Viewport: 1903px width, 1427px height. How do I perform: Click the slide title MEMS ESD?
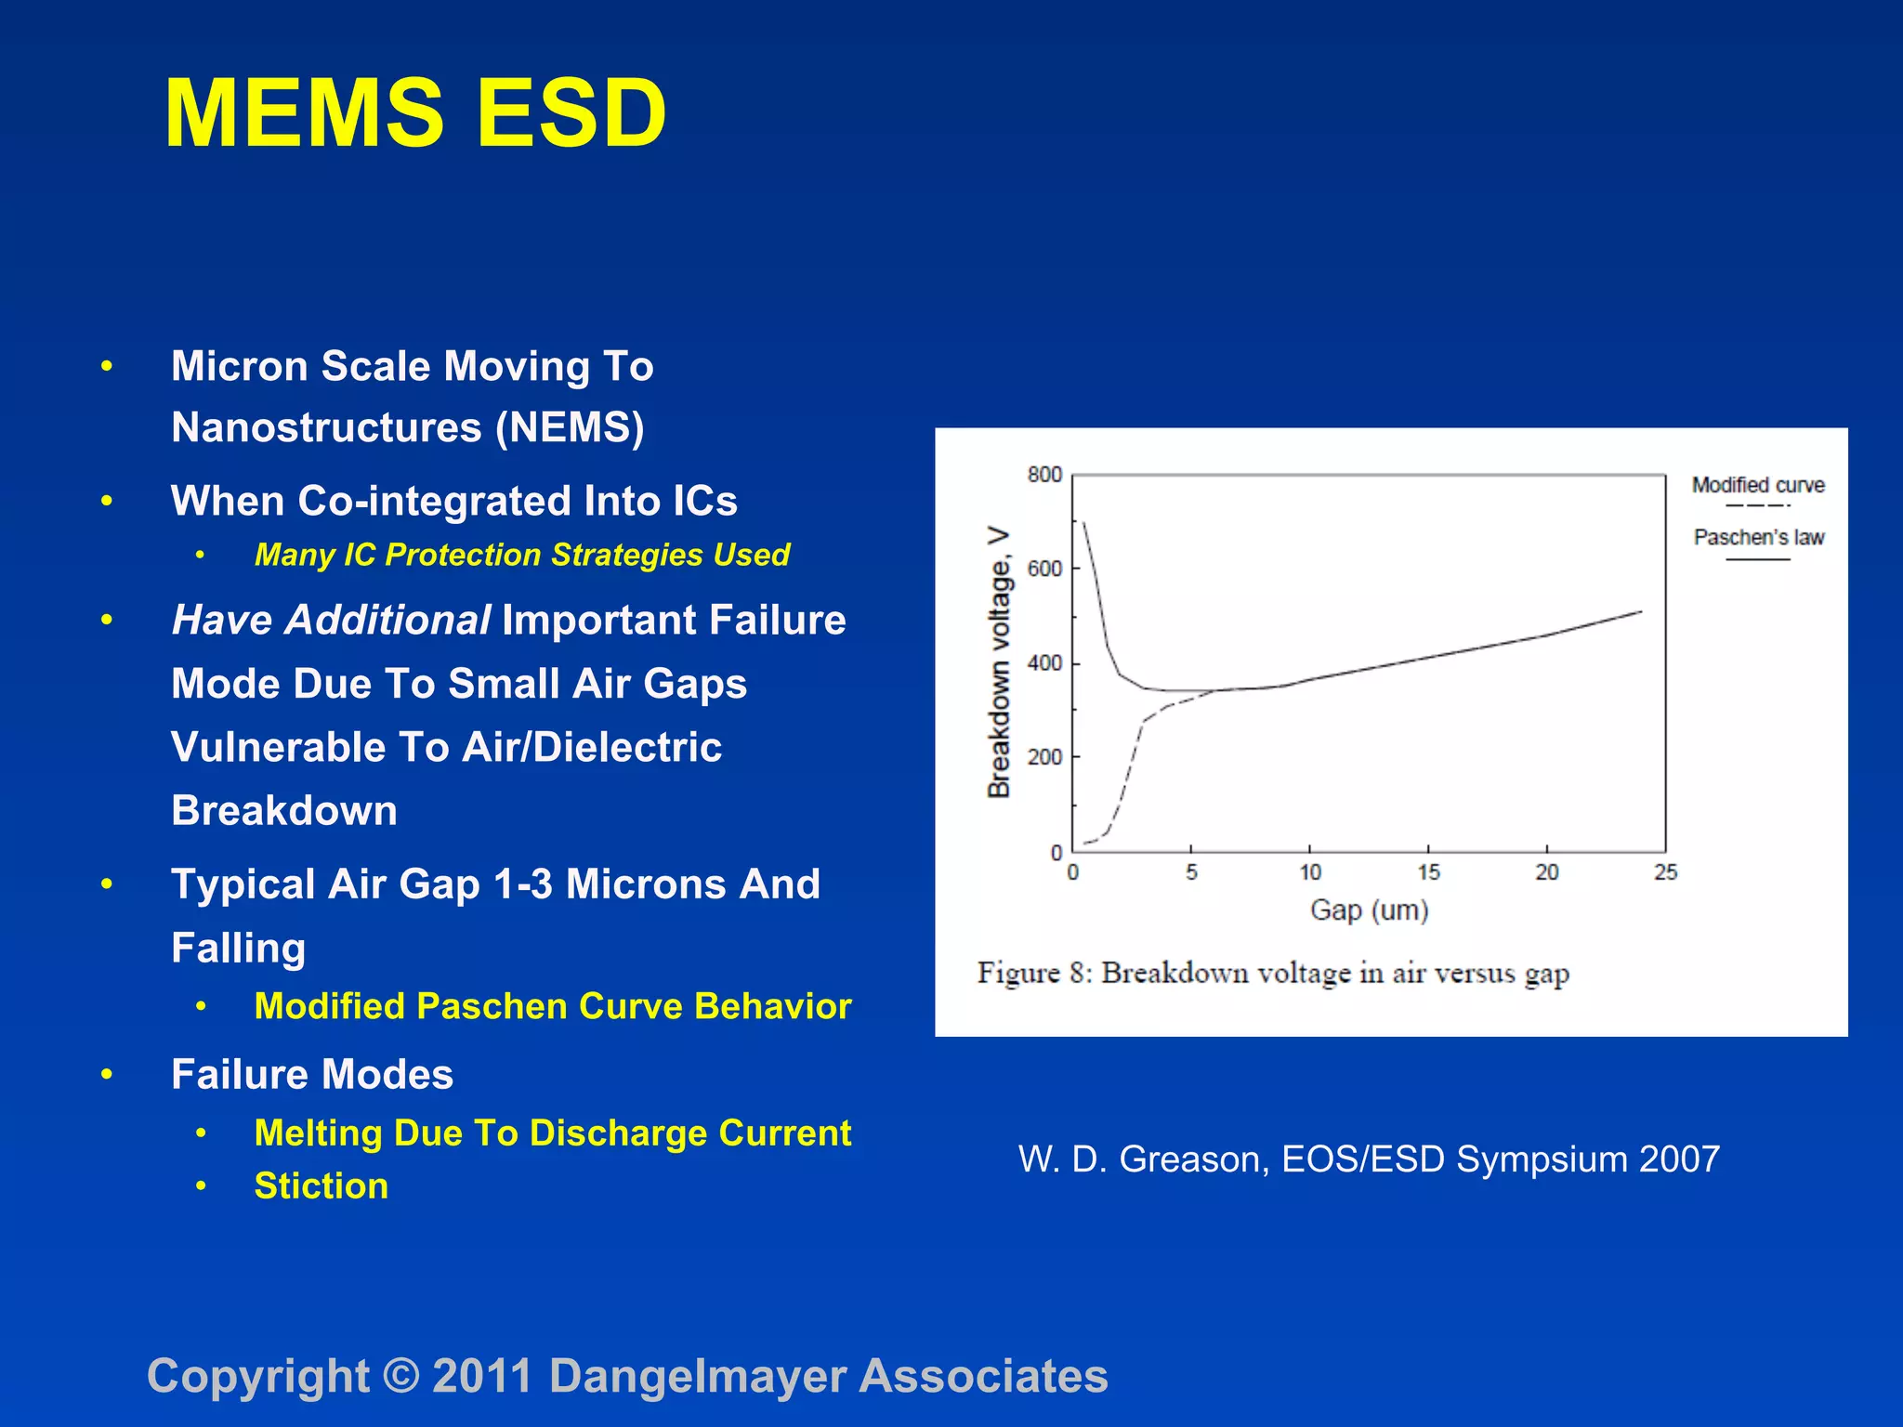(x=415, y=113)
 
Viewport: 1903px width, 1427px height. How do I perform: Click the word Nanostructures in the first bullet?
(x=326, y=428)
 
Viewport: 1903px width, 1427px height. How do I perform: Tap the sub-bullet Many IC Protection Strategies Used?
(x=521, y=555)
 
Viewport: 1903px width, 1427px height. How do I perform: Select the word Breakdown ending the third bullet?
(x=284, y=811)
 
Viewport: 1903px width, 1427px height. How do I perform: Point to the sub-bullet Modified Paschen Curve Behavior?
(x=553, y=1007)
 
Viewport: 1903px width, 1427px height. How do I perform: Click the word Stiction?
(x=322, y=1186)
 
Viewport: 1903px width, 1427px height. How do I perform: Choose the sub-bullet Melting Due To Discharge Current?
(x=553, y=1133)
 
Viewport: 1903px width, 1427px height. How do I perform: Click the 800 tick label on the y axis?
(x=1044, y=475)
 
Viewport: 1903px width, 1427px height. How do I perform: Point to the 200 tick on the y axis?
(x=1044, y=757)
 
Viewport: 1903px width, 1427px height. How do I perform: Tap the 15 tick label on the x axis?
(x=1428, y=872)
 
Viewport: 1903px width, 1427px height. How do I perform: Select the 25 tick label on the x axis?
(x=1665, y=872)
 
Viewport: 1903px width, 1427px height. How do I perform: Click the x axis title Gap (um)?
(x=1369, y=910)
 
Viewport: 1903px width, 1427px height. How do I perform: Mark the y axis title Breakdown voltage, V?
(x=999, y=662)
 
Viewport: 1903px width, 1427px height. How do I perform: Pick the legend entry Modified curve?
(x=1758, y=486)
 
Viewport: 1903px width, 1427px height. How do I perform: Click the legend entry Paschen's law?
(x=1758, y=538)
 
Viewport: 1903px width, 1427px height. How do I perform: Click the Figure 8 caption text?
(x=1273, y=974)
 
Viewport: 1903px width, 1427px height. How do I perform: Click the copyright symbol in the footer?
(x=401, y=1376)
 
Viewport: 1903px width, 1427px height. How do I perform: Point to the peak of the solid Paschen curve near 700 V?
(x=1083, y=523)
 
